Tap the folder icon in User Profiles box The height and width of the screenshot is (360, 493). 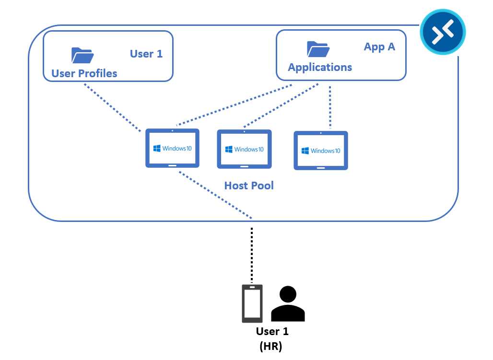pyautogui.click(x=82, y=55)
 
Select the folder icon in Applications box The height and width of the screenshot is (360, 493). pyautogui.click(x=317, y=49)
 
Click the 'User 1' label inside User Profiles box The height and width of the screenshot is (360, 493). pyautogui.click(x=146, y=54)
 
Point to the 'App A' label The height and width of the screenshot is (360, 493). pyautogui.click(x=379, y=47)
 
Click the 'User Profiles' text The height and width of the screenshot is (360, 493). pyautogui.click(x=84, y=73)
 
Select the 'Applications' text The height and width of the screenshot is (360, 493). pyautogui.click(x=320, y=67)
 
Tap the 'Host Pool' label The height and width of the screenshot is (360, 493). pyautogui.click(x=249, y=186)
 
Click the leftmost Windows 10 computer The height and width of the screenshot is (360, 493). pyautogui.click(x=172, y=148)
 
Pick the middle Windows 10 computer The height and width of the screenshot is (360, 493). pyautogui.click(x=244, y=149)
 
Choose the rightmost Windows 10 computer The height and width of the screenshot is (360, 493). pyautogui.click(x=321, y=151)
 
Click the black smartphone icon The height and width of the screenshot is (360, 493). pyautogui.click(x=252, y=303)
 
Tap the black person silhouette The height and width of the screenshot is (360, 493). pyautogui.click(x=288, y=304)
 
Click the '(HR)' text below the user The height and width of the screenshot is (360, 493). pyautogui.click(x=270, y=347)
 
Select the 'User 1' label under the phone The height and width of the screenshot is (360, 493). pyautogui.click(x=272, y=331)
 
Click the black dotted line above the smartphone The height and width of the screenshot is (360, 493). pyautogui.click(x=252, y=254)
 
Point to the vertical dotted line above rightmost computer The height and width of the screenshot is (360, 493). pyautogui.click(x=330, y=108)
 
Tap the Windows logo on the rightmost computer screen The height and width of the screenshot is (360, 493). pyautogui.click(x=305, y=151)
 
